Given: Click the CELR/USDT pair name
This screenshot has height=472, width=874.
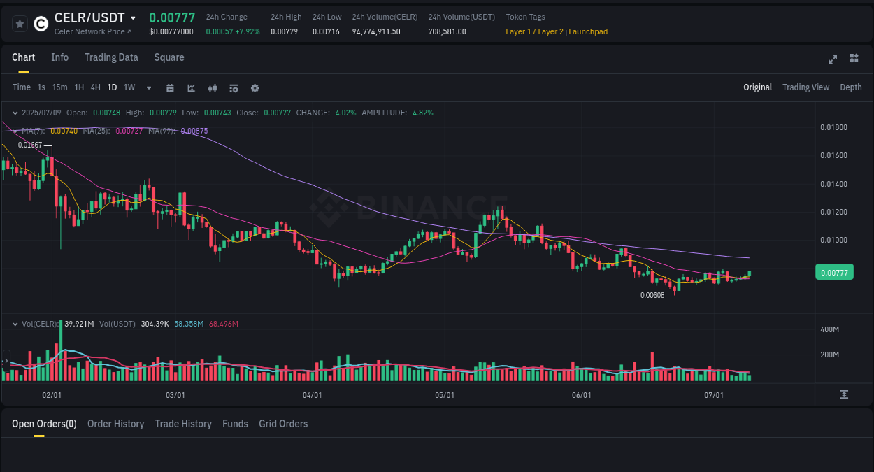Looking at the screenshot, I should [89, 18].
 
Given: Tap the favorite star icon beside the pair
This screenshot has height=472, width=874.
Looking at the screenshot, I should [20, 24].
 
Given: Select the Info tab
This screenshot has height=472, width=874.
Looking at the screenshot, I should [59, 57].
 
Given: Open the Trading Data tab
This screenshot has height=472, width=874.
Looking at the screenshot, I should [111, 57].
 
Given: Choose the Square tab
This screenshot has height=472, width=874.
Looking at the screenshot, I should [169, 57].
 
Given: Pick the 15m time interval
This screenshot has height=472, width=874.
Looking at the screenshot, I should [60, 87].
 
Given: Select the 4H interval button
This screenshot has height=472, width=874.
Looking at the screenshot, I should [95, 87].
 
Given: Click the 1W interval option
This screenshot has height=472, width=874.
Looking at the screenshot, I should [129, 87].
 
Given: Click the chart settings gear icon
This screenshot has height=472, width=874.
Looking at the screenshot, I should [255, 88].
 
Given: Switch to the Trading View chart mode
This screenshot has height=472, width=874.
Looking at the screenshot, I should [805, 87].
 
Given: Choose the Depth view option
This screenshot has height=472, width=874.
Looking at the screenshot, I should [851, 87].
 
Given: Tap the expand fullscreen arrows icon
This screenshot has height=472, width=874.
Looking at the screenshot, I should [833, 59].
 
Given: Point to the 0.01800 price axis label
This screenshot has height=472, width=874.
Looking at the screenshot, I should [833, 127].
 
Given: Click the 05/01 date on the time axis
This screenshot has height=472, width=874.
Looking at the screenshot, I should [445, 395].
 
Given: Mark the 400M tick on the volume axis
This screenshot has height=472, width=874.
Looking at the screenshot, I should [829, 329].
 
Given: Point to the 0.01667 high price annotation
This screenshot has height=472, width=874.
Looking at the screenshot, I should [30, 145].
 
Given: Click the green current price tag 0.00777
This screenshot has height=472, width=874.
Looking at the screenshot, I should [834, 273].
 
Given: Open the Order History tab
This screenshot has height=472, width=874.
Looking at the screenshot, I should [115, 424].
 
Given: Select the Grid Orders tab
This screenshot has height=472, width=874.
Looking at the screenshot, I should [283, 424].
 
